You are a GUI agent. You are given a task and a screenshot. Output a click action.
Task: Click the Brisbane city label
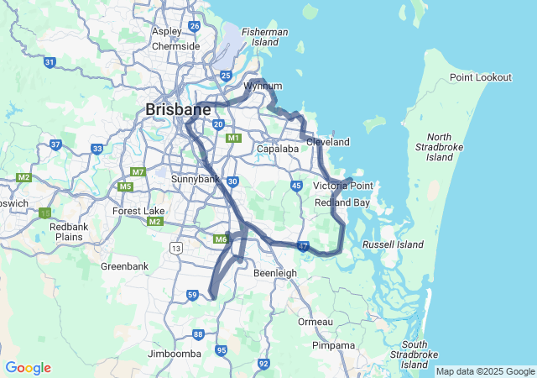[x=178, y=110]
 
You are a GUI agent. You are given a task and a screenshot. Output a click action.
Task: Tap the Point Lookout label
[x=480, y=77]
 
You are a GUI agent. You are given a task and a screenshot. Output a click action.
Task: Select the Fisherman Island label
[x=265, y=37]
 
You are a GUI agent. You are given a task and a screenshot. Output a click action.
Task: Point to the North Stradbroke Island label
[x=439, y=147]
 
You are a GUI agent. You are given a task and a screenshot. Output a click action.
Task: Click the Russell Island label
[x=393, y=244]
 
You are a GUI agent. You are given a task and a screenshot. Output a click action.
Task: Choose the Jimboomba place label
[x=175, y=354]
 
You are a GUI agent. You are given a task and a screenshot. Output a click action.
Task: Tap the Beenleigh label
[x=275, y=273]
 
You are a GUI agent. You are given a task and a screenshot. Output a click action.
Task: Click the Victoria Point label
[x=342, y=186]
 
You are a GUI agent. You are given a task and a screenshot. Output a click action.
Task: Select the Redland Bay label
[x=342, y=203]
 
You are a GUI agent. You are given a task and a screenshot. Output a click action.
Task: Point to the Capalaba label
[x=277, y=149]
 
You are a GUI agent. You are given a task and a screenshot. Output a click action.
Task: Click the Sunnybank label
[x=195, y=180]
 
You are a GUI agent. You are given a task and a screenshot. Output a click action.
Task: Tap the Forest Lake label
[x=136, y=211]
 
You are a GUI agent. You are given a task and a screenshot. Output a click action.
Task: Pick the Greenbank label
[x=124, y=266]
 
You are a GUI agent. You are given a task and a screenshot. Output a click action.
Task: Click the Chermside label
[x=175, y=46]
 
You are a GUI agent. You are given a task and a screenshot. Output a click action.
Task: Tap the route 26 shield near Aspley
[x=195, y=26]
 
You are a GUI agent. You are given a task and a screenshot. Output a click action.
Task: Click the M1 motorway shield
[x=233, y=138]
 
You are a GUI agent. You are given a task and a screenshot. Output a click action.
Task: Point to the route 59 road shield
[x=192, y=295]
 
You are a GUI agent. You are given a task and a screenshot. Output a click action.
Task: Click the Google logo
[x=28, y=368]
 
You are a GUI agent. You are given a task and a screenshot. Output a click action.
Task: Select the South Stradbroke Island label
[x=414, y=354]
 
